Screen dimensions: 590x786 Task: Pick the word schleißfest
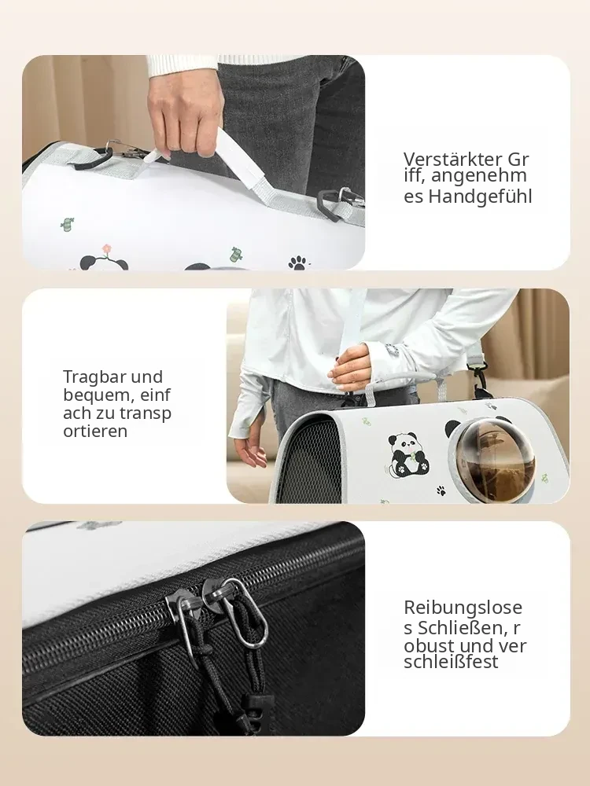pos(451,662)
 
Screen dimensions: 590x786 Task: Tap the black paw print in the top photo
pos(298,263)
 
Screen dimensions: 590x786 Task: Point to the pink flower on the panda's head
pos(106,249)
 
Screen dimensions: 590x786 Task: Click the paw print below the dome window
pos(441,490)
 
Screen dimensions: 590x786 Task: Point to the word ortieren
pos(95,431)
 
